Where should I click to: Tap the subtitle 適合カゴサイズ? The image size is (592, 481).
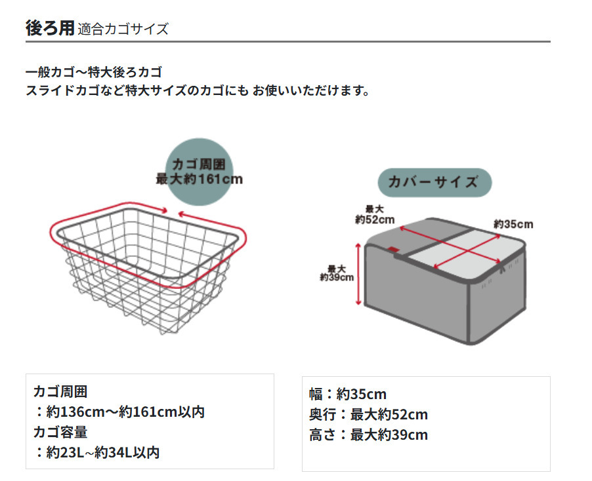pos(123,29)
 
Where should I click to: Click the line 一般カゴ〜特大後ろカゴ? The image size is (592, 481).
pos(93,71)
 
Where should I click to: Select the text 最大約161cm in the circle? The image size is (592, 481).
pos(198,178)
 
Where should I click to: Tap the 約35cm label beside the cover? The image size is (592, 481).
pos(513,225)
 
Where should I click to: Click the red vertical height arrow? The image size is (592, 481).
pos(358,273)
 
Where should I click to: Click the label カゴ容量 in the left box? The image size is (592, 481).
pos(60,432)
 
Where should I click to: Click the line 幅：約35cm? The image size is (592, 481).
pos(348,394)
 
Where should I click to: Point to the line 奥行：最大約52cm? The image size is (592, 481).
pos(368,414)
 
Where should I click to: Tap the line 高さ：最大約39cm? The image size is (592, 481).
pos(368,434)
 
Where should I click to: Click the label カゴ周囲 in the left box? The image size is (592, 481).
pos(60,392)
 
